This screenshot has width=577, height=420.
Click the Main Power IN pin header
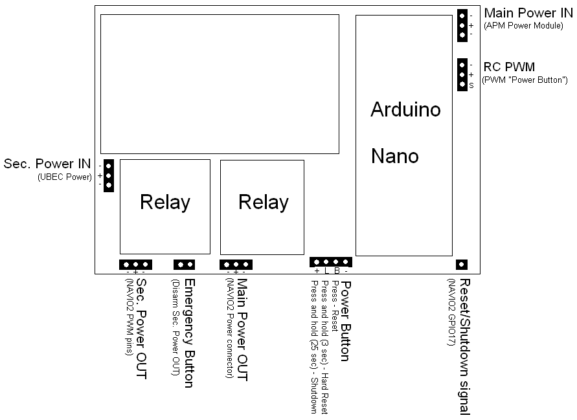tap(462, 25)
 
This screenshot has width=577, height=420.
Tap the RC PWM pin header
tap(462, 74)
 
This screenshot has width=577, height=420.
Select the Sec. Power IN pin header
tap(109, 175)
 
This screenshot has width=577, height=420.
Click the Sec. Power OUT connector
tap(135, 264)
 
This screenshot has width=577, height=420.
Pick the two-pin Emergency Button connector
tap(185, 264)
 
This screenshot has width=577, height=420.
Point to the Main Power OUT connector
tap(236, 264)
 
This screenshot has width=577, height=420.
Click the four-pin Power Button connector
tap(331, 261)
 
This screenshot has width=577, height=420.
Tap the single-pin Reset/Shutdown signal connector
tap(462, 264)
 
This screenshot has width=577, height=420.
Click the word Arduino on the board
tap(405, 109)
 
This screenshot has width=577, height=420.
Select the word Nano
tap(395, 156)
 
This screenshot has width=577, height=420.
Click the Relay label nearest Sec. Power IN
tap(165, 203)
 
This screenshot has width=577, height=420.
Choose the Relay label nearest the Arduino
tap(263, 202)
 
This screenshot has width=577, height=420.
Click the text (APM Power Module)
tap(524, 25)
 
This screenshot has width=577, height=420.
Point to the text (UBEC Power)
tap(65, 177)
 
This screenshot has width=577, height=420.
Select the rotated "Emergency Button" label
tap(189, 333)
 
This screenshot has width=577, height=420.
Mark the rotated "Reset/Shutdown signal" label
tap(464, 346)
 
